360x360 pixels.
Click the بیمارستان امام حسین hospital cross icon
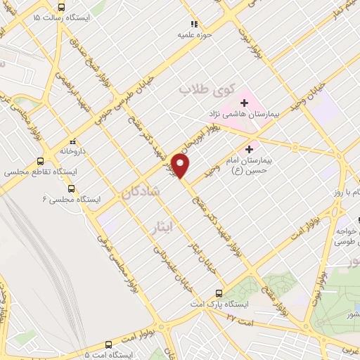248,150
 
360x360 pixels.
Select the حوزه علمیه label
195,34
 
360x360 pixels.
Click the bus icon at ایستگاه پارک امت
219,292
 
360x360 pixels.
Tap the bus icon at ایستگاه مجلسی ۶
70,188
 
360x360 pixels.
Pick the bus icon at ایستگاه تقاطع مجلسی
40,160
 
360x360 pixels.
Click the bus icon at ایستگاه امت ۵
108,345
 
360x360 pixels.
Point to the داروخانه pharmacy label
72,150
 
